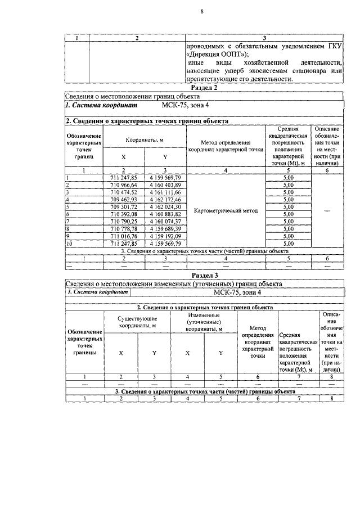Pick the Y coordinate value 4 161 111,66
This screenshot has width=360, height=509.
165,192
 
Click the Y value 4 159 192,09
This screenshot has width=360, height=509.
165,236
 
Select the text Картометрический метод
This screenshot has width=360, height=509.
226,211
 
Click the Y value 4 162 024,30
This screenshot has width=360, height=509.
165,207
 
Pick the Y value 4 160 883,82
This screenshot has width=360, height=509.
165,214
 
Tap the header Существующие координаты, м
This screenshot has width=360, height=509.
137,323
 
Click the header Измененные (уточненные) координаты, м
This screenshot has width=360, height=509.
204,323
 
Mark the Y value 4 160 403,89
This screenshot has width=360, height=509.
165,185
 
